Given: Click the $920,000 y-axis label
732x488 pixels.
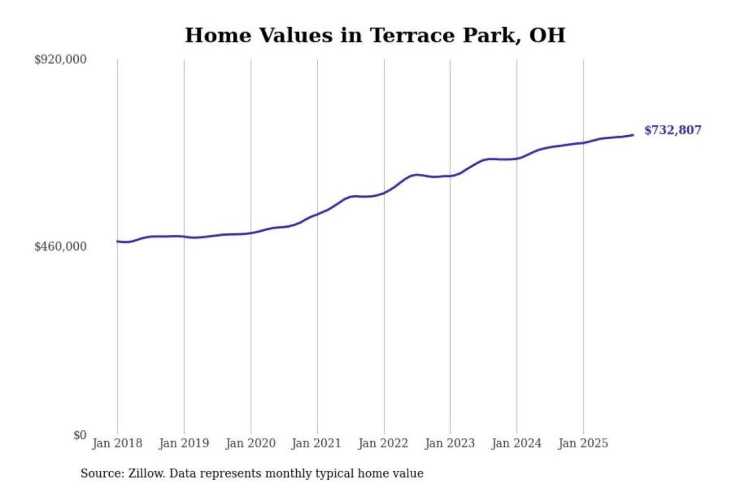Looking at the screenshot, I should pos(60,59).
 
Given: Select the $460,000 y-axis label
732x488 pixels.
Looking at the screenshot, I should pos(60,247).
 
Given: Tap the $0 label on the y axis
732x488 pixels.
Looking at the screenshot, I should pos(80,435).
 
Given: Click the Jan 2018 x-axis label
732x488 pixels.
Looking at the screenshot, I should pos(117,443).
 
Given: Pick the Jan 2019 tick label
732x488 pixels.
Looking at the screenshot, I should pos(184,443).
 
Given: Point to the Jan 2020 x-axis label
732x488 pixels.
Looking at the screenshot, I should pos(250,443).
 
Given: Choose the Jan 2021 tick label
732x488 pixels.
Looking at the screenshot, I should pos(316,443).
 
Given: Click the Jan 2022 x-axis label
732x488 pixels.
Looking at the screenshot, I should pos(383,443).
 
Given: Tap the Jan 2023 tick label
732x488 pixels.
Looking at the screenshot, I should pos(449,443).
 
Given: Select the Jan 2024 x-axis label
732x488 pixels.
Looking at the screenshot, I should pos(516,443).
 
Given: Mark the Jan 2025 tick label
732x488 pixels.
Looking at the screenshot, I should pos(583,443).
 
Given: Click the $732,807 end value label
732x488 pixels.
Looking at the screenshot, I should pos(673,130).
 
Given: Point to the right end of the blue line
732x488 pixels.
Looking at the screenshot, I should pos(632,135).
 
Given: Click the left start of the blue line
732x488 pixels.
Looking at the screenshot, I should pos(117,241).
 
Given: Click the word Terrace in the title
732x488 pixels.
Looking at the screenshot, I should pos(412,36).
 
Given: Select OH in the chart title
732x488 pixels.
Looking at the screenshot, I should pos(547,36).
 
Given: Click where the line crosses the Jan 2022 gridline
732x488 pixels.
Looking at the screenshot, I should pos(384,193).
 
